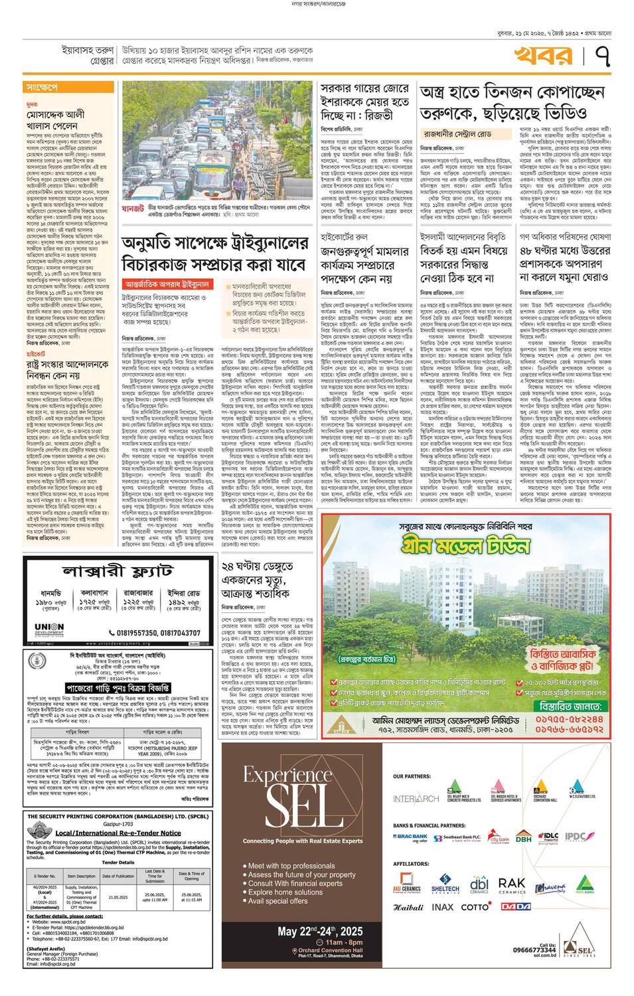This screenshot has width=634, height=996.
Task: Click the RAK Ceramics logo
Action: point(511,885)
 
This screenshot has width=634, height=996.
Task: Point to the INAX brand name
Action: point(443,906)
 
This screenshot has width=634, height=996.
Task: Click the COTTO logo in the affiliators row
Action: point(475,906)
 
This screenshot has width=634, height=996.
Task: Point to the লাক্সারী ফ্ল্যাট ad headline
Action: point(118,571)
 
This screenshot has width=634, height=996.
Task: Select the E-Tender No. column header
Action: point(45,876)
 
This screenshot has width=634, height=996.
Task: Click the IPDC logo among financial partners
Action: point(575,837)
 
